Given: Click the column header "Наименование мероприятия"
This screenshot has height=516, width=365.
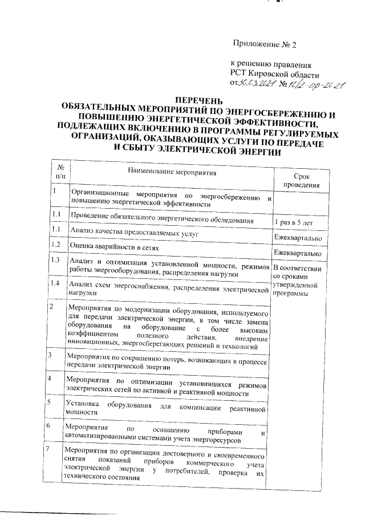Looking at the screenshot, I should pos(172,170).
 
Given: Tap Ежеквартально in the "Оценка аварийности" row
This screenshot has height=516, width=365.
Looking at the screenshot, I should pos(298,253).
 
